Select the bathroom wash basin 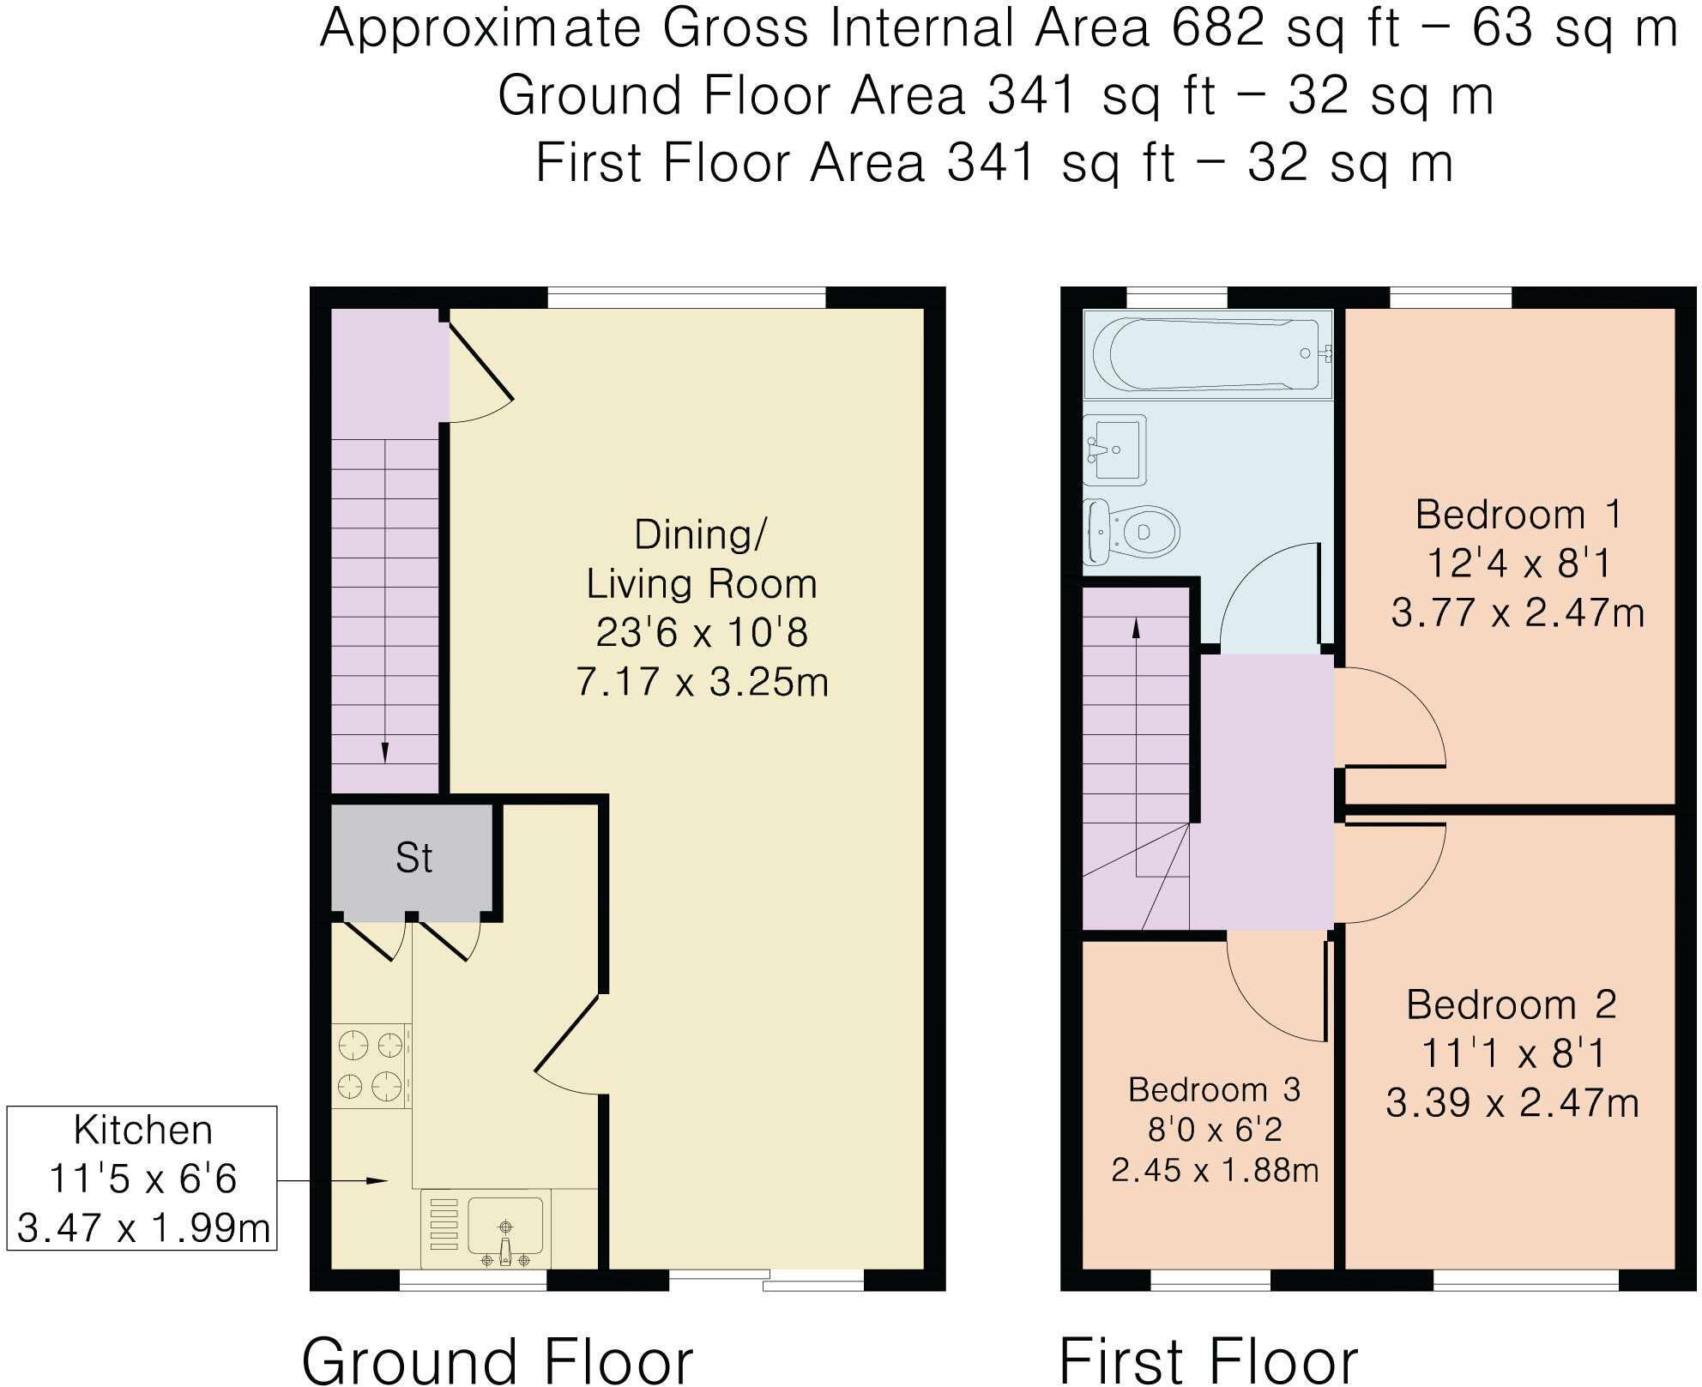[x=1115, y=449]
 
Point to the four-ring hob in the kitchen [x=371, y=1066]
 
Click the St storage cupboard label [x=413, y=858]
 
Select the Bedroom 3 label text [x=1214, y=1089]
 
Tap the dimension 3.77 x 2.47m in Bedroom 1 [x=1517, y=613]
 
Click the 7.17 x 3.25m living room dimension [x=702, y=683]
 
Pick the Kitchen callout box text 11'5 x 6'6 [x=142, y=1179]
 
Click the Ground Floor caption [x=498, y=1360]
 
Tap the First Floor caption [x=1209, y=1360]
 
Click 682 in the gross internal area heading [x=1217, y=28]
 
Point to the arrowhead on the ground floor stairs [x=384, y=752]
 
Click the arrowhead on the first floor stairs [x=1137, y=628]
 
